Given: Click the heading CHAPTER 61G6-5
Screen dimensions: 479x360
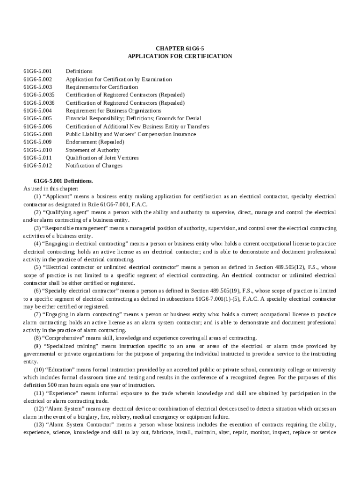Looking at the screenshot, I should (x=180, y=48).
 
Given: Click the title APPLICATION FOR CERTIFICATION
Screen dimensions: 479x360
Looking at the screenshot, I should (x=180, y=56).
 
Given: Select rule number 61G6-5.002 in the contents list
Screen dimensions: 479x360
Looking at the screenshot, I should (x=38, y=80).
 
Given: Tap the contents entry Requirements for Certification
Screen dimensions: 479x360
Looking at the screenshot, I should (x=101, y=87).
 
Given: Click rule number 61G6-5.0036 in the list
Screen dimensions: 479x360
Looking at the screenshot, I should (x=39, y=103).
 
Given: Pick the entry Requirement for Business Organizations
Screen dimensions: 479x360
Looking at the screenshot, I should (x=113, y=111).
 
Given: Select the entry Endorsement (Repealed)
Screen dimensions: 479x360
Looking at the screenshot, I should (x=94, y=142).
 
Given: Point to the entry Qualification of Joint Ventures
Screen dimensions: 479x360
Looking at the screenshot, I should (x=102, y=158).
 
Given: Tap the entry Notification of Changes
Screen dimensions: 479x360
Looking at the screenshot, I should (x=94, y=166).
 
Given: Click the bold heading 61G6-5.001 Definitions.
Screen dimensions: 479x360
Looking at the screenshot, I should (x=63, y=181).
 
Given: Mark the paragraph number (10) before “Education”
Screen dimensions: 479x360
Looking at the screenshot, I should (x=38, y=370).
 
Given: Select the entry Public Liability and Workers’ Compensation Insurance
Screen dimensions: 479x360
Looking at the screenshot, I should (x=130, y=134).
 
